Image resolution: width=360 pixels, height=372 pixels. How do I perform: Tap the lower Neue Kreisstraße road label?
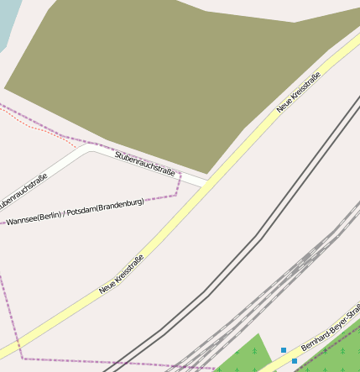click(x=122, y=274)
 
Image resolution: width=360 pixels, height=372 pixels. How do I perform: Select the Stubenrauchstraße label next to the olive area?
click(x=145, y=163)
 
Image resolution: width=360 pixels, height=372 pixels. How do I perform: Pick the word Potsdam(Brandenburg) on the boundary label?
click(x=106, y=205)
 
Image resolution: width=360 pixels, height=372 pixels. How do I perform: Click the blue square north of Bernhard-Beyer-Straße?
click(x=284, y=349)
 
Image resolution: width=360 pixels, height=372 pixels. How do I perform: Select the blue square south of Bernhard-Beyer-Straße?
click(x=295, y=361)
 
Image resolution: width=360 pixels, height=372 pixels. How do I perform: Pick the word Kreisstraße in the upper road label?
click(x=305, y=94)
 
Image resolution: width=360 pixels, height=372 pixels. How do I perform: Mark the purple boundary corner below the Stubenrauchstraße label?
click(x=176, y=195)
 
